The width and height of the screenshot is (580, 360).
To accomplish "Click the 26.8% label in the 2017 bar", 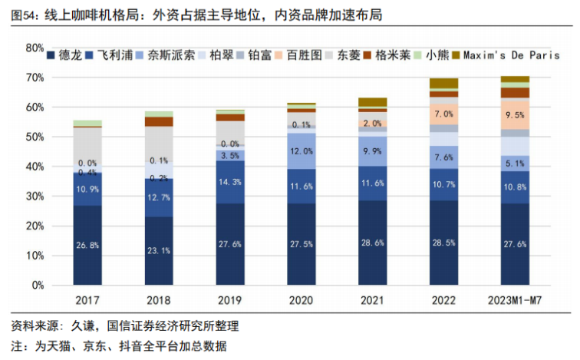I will point(87,246).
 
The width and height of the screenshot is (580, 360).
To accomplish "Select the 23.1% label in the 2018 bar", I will point(159,250).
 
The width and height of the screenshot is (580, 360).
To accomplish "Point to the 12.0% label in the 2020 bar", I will point(302,151).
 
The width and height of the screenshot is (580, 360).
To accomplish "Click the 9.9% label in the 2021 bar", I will point(373,152).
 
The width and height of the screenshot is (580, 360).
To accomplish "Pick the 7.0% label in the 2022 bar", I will point(444,114).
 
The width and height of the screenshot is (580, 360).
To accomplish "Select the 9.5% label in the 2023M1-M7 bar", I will point(515,114).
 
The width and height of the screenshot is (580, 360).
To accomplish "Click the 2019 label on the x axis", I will point(230,299).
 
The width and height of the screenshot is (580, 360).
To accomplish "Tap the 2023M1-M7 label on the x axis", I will point(515,299).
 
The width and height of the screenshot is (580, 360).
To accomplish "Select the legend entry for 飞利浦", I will point(112,54).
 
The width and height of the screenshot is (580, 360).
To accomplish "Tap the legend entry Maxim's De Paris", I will point(512,54).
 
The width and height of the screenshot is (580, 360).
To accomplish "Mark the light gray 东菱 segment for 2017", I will point(87,146).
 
